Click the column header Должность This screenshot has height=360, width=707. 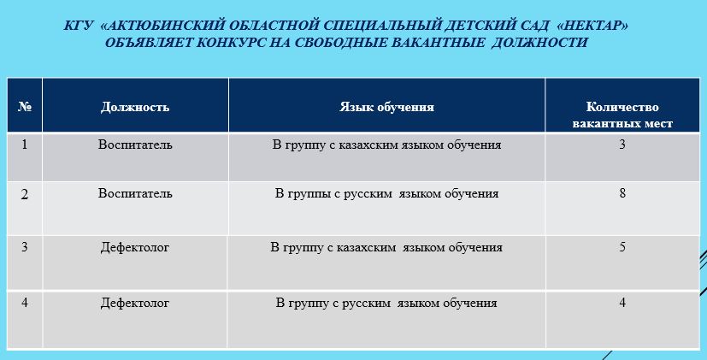click(135, 107)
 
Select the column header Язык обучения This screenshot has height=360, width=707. click(387, 107)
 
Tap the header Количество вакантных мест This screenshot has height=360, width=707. click(622, 115)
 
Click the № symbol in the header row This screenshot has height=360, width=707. click(25, 107)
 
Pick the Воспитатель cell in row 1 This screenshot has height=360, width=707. click(135, 145)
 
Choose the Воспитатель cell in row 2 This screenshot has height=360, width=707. click(135, 193)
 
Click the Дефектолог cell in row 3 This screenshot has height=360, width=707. click(135, 248)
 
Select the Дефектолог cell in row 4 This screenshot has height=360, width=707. click(135, 303)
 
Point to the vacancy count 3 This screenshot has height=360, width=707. click(622, 145)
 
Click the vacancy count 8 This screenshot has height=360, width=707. click(622, 193)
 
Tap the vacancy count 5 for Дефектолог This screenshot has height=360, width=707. click(622, 247)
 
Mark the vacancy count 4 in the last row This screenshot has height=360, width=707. click(622, 302)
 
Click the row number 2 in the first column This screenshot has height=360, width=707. click(25, 194)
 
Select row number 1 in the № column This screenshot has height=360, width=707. click(24, 145)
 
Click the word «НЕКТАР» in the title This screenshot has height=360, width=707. click(593, 26)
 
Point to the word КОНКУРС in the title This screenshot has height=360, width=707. click(232, 43)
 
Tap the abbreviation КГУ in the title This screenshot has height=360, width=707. click(79, 26)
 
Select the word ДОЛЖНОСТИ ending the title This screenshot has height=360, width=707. click(539, 43)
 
